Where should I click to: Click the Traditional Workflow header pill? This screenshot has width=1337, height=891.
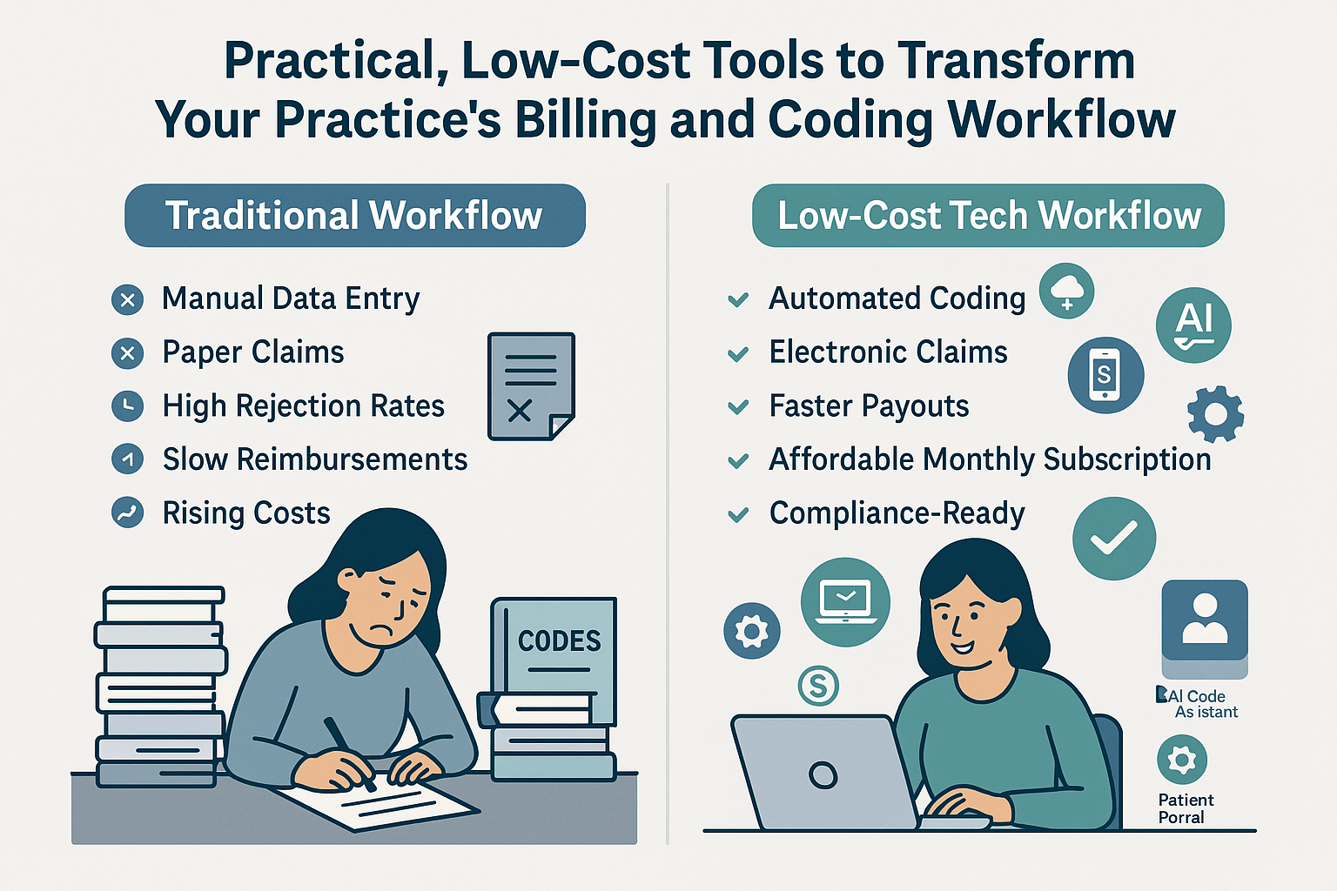tap(354, 216)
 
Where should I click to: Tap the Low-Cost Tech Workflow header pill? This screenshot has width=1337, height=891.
tap(988, 216)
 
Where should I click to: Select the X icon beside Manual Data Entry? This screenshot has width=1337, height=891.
tap(128, 300)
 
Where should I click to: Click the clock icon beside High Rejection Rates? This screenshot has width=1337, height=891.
tap(128, 406)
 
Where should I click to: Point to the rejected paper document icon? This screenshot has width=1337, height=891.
tap(530, 385)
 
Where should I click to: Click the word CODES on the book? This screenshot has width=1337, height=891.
tap(559, 641)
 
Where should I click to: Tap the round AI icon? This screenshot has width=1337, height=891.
tap(1193, 325)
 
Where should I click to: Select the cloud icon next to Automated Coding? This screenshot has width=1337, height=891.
tap(1066, 291)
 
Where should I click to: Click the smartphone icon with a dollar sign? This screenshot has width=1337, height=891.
tap(1105, 375)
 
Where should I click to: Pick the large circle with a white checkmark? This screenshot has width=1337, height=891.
tap(1113, 539)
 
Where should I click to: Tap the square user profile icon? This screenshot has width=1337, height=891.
tap(1204, 620)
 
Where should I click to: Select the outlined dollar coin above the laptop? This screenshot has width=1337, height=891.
tap(818, 686)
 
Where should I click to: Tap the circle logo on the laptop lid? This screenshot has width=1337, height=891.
tap(822, 774)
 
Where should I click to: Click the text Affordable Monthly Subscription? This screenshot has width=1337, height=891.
tap(990, 459)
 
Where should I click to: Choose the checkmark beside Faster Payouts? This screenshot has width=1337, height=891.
tap(738, 407)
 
